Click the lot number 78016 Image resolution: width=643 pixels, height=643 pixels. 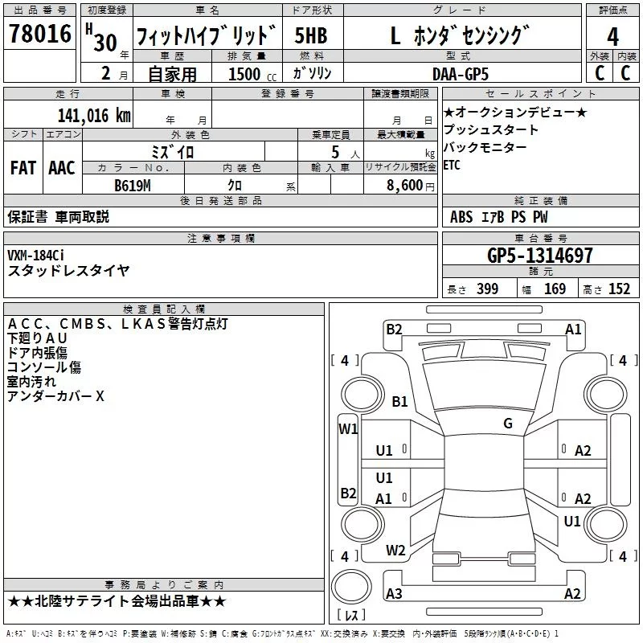40,34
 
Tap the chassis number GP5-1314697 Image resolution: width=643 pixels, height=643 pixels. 540,256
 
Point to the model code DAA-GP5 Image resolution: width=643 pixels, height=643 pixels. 460,73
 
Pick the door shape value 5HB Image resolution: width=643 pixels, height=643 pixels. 311,35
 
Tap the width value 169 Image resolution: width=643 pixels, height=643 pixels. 555,289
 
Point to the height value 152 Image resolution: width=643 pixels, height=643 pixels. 619,289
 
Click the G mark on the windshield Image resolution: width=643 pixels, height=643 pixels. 507,424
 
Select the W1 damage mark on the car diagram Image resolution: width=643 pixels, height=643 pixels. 347,428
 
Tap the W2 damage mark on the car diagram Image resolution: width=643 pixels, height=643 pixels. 395,551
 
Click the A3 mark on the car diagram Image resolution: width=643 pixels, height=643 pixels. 394,594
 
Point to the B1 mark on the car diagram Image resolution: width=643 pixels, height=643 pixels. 399,402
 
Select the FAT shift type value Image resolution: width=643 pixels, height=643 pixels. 23,168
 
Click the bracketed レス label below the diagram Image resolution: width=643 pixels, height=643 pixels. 350,616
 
